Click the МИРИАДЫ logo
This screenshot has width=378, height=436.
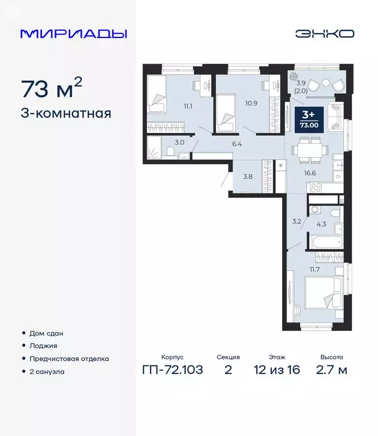pyautogui.click(x=73, y=33)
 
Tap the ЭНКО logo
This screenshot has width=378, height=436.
pyautogui.click(x=325, y=33)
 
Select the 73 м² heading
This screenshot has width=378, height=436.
pyautogui.click(x=52, y=88)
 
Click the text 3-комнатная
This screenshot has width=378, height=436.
pyautogui.click(x=66, y=113)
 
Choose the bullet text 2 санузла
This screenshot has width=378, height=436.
pyautogui.click(x=47, y=372)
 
